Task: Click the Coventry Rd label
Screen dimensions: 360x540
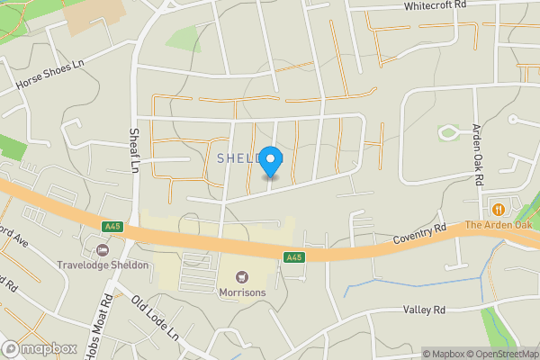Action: [419, 237]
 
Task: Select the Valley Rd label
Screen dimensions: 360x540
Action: [425, 310]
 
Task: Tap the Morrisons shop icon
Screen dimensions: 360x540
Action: [241, 275]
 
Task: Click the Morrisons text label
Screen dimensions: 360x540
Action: [242, 292]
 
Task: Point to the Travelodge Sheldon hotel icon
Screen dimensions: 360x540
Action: [101, 248]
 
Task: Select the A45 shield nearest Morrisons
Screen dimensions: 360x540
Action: [293, 257]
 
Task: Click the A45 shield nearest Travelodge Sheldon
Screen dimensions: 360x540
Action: [112, 227]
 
